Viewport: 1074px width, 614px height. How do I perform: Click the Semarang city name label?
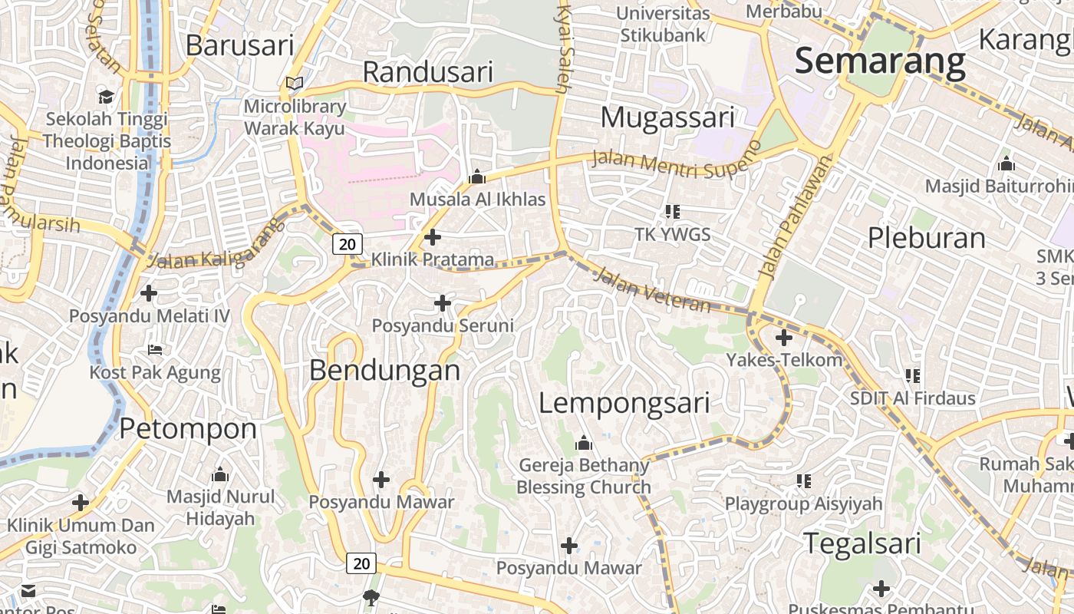point(879,61)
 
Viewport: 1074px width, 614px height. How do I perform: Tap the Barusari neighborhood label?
point(239,45)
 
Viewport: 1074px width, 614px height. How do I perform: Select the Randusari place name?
point(427,72)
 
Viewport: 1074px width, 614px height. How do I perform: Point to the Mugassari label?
point(667,117)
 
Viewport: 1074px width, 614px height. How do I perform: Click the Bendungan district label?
point(384,371)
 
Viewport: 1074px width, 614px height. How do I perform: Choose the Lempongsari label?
point(624,403)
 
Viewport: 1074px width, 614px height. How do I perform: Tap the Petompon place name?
point(188,428)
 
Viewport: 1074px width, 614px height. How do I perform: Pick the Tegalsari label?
point(862,543)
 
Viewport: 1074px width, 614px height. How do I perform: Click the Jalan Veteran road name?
point(652,290)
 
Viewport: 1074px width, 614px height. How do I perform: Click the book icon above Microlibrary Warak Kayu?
point(295,84)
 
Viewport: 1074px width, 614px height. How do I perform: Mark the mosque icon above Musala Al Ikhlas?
point(477,177)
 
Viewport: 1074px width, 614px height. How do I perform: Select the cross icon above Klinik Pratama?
point(433,237)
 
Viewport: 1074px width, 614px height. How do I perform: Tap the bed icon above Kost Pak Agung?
point(155,351)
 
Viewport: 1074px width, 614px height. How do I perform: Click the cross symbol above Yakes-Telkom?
point(784,337)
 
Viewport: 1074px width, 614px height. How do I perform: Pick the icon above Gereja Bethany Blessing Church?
point(584,444)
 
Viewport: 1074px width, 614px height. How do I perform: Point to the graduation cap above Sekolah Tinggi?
point(106,97)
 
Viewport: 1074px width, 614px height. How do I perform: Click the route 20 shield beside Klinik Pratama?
point(347,244)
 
